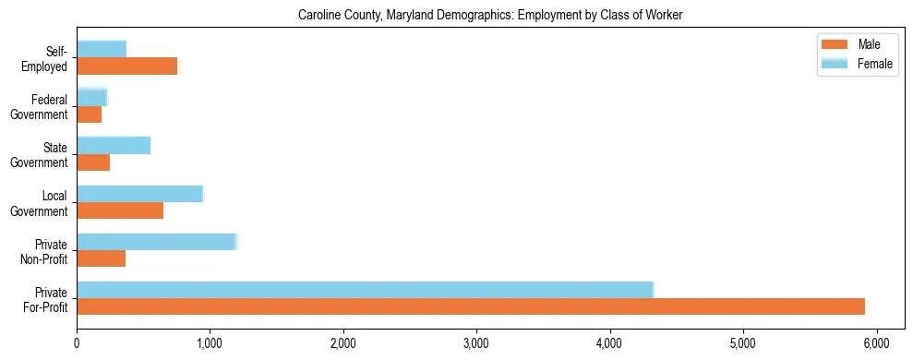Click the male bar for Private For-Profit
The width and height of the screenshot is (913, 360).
471,306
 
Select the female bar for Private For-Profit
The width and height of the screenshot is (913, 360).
365,289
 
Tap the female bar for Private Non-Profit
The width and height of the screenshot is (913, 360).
157,242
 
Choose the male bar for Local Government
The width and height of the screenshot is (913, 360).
120,210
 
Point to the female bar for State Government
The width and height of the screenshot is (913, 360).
114,145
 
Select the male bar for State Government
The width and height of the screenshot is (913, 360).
93,162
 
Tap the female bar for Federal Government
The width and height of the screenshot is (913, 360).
92,97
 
